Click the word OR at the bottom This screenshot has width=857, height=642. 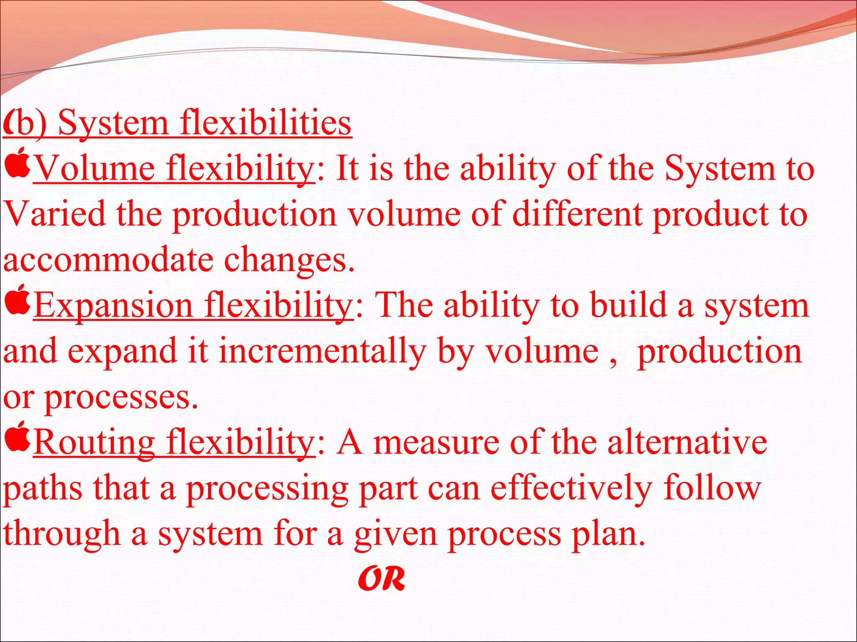click(382, 579)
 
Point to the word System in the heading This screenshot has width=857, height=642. click(113, 123)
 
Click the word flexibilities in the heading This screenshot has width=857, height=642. click(265, 123)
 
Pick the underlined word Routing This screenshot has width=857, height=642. click(95, 443)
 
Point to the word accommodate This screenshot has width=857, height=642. click(108, 260)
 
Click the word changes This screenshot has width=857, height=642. click(289, 260)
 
